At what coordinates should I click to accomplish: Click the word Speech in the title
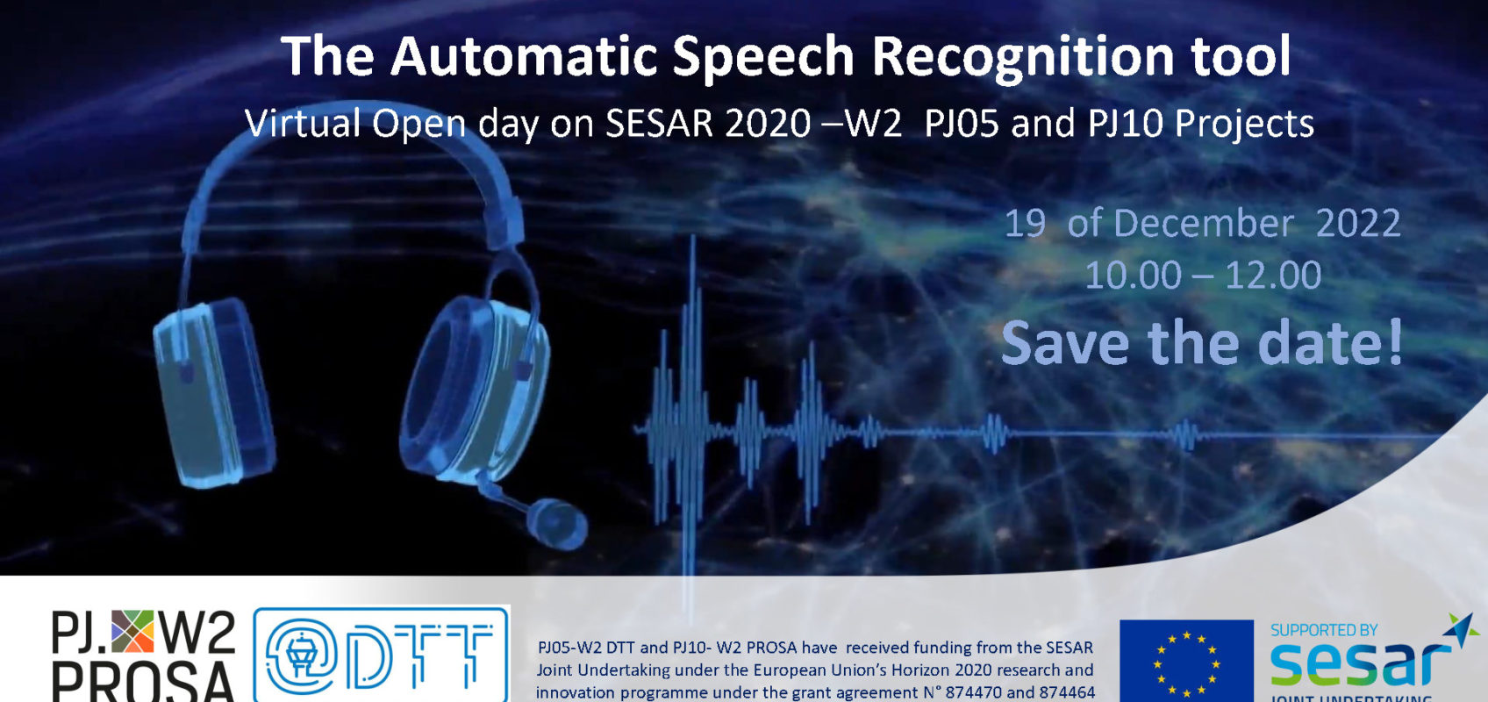[762, 58]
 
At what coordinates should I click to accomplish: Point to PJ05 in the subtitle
[961, 124]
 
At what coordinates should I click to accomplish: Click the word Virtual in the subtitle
[303, 124]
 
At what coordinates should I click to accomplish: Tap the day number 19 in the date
[1025, 224]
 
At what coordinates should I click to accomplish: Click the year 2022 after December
[1358, 224]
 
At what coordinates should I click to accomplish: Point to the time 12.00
[1273, 276]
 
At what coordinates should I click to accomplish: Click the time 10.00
[1133, 276]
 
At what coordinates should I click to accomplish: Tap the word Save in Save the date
[1065, 343]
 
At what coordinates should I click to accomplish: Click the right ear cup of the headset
[474, 386]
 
